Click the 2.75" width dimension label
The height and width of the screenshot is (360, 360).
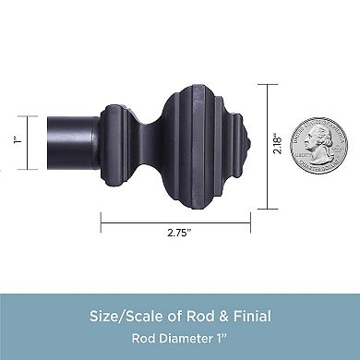[179, 233]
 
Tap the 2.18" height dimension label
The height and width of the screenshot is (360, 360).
[278, 143]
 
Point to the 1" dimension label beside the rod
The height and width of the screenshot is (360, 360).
[18, 140]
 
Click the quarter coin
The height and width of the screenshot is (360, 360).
[319, 145]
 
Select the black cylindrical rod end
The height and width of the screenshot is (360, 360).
[73, 143]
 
